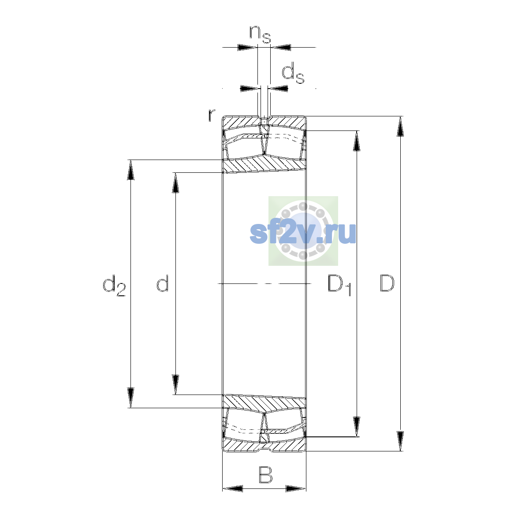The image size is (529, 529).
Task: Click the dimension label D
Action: [387, 283]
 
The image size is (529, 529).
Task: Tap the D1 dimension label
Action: [339, 285]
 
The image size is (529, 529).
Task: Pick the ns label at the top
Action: [260, 34]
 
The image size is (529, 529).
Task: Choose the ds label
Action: [293, 73]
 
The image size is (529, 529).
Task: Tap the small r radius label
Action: [212, 115]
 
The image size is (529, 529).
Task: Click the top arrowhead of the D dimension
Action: [400, 127]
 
